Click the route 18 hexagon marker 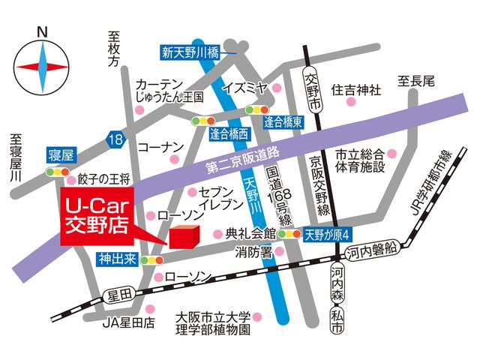point(114,139)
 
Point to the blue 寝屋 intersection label point(60,156)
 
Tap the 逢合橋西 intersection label point(229,134)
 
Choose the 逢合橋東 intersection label point(283,120)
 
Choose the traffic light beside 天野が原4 point(289,234)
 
